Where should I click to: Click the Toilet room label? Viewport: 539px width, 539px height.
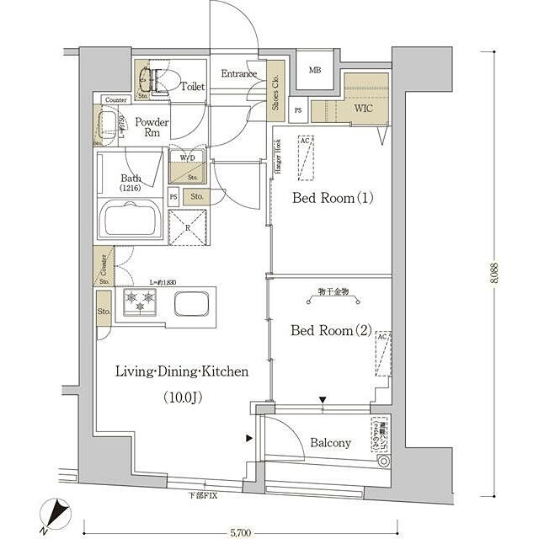193,87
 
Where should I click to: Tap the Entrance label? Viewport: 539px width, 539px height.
238,74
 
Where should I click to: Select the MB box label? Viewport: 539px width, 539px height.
314,70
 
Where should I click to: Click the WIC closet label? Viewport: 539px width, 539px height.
363,109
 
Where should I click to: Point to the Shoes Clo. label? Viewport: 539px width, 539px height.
276,93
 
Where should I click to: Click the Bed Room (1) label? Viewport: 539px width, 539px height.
332,199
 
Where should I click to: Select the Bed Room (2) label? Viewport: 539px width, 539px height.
331,330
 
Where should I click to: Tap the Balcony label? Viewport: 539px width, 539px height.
331,443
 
